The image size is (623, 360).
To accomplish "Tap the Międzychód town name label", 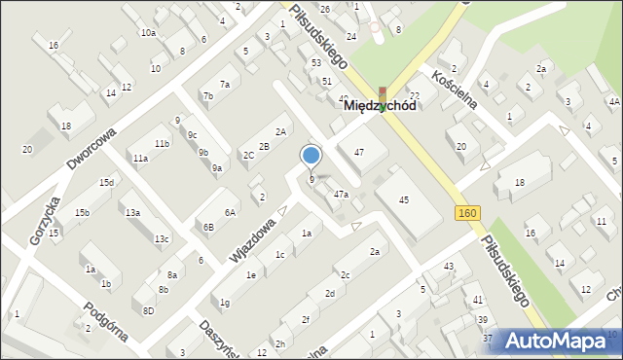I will (380, 107).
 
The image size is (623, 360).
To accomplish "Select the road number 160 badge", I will (465, 212).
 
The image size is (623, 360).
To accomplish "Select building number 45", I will (404, 199).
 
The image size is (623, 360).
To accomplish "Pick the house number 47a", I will (341, 195).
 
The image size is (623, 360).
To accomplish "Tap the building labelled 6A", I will (230, 212).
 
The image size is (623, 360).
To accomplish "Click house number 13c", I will (162, 238).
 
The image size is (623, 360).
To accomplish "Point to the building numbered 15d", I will (106, 183).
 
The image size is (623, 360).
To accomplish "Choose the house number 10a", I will (147, 33).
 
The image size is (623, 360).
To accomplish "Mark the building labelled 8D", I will (148, 310).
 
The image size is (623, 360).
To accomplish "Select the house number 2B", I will (263, 146).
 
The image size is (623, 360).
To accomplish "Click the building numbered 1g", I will (225, 303).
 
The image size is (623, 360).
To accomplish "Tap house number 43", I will (449, 267).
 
